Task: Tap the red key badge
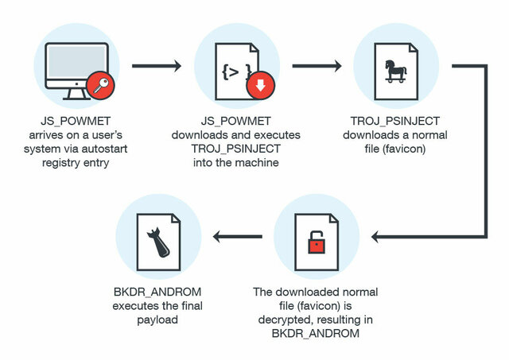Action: click(x=99, y=85)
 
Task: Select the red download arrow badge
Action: click(x=259, y=85)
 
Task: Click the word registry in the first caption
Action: click(x=70, y=162)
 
